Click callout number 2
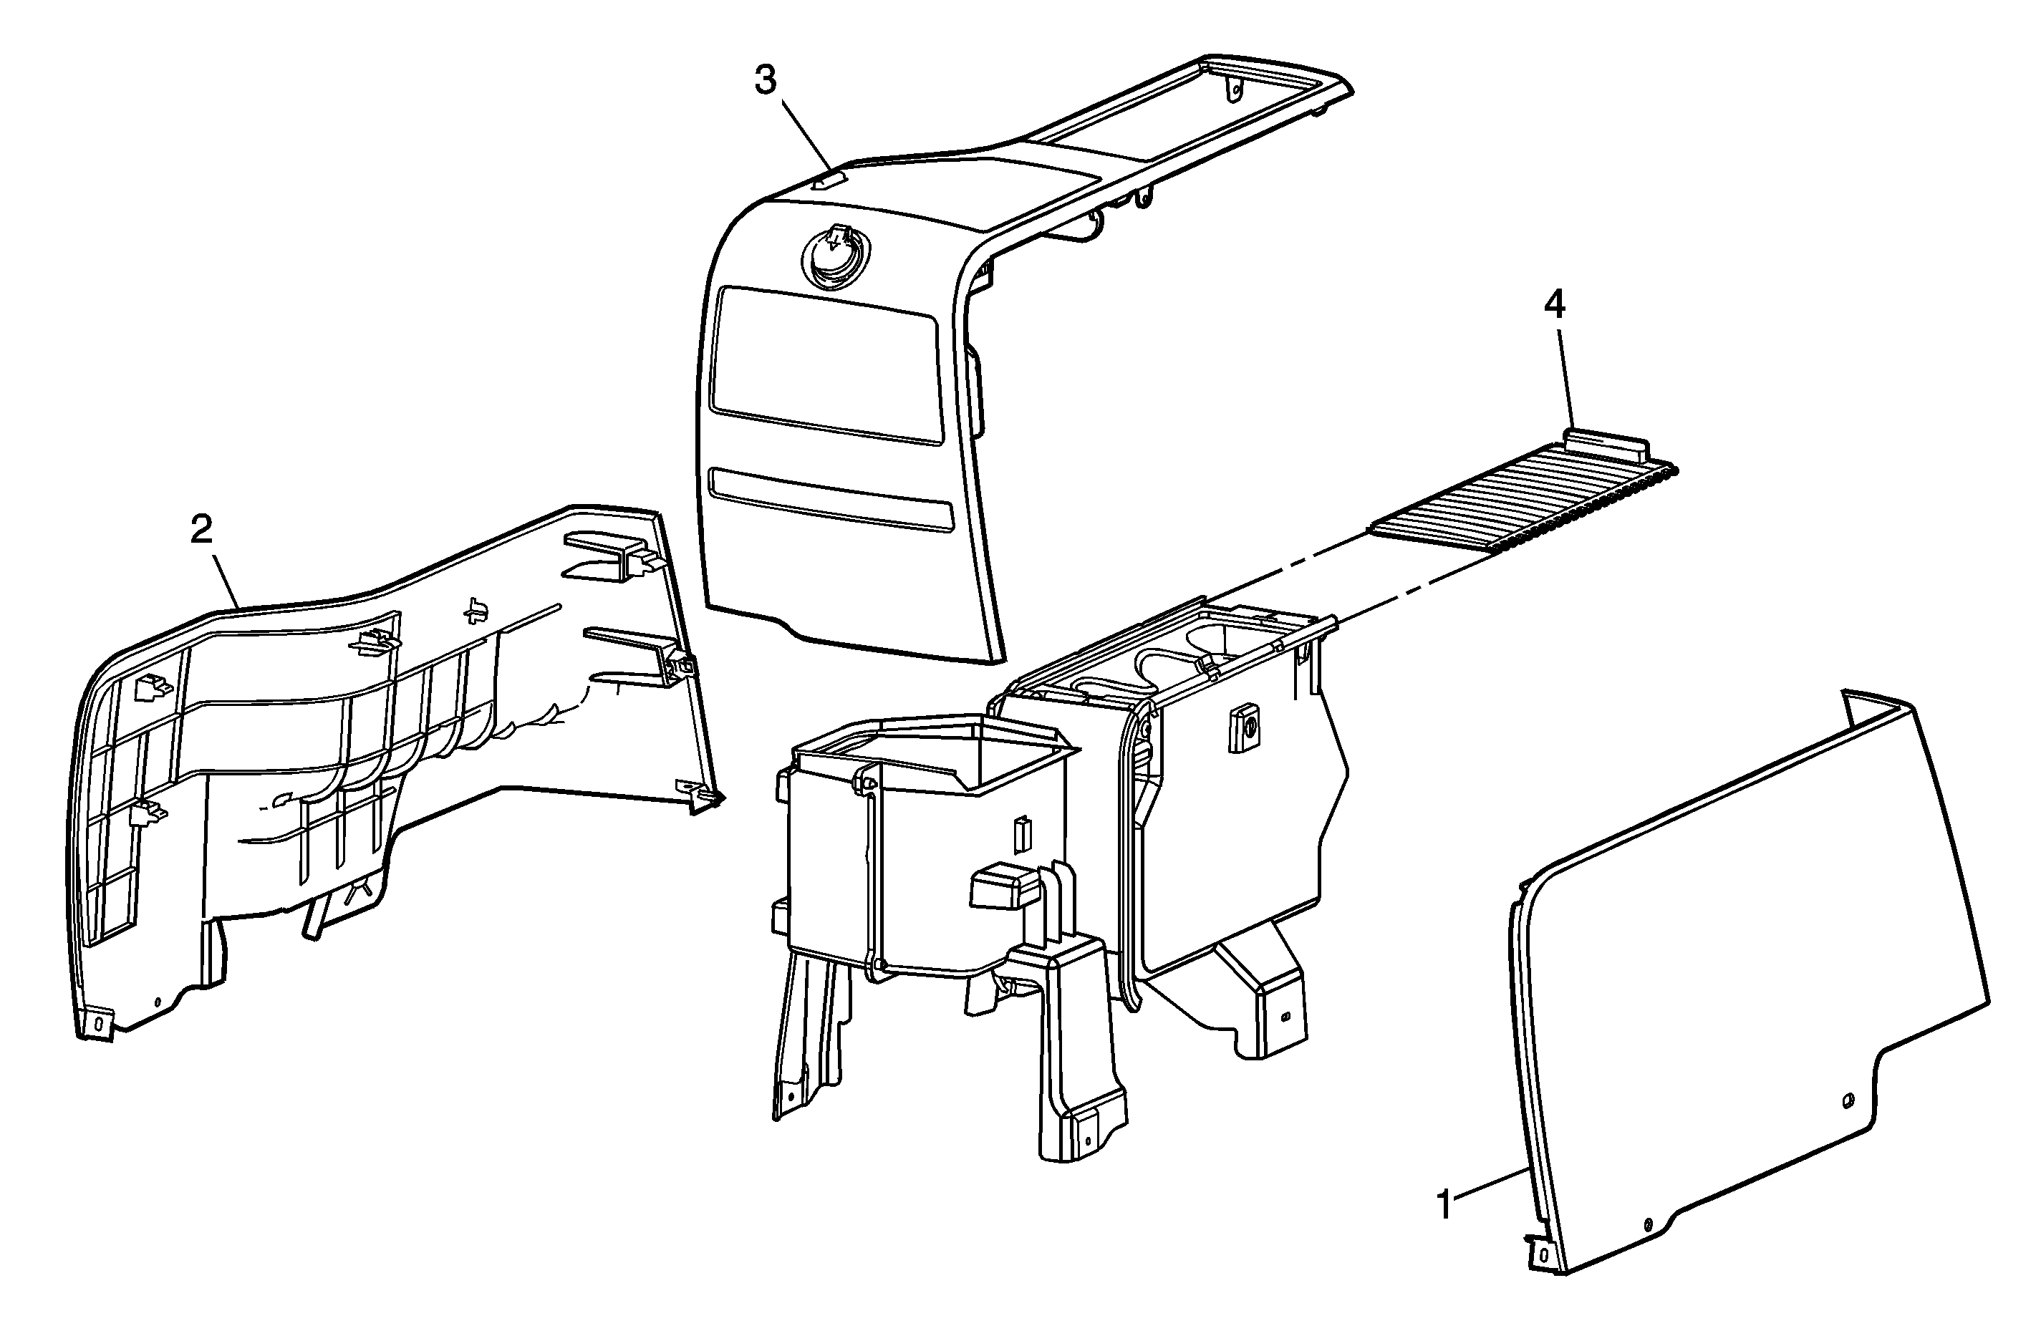(201, 530)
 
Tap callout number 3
(765, 81)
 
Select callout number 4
(1554, 304)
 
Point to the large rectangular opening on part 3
(829, 365)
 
